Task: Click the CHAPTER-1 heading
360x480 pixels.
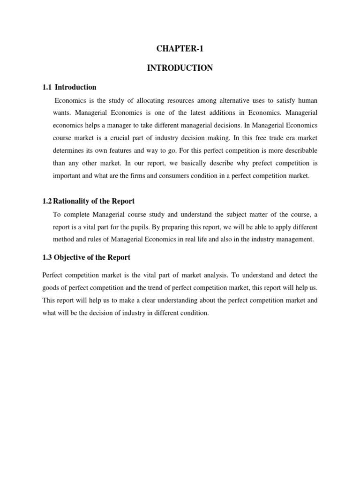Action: click(x=180, y=49)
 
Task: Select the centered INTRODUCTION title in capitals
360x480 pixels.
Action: click(x=180, y=68)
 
